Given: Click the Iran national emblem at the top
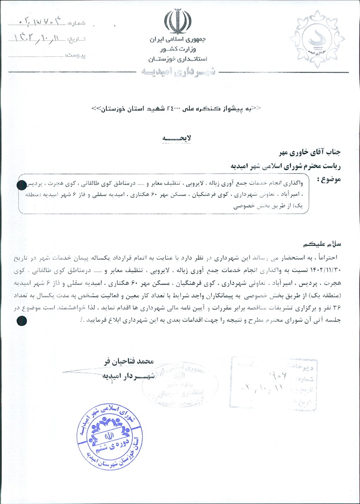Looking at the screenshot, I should click(x=178, y=21).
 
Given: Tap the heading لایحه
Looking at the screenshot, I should click(x=177, y=138).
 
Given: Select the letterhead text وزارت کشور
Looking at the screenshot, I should click(x=178, y=49).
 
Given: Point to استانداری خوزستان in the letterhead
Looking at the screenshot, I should click(x=178, y=59).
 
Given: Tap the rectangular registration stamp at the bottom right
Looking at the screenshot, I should click(x=274, y=382).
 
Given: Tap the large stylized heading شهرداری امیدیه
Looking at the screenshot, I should click(x=178, y=72).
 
